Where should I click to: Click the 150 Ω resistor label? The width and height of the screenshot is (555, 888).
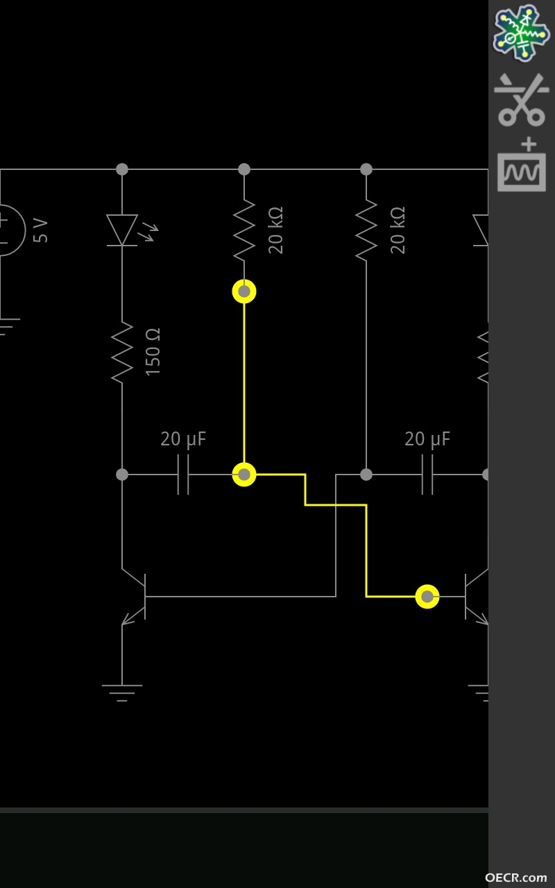pyautogui.click(x=153, y=352)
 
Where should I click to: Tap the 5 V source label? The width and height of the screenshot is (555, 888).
pyautogui.click(x=40, y=230)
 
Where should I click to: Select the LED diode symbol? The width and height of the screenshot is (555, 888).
pyautogui.click(x=122, y=230)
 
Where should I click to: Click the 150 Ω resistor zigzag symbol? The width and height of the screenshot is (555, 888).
pyautogui.click(x=122, y=352)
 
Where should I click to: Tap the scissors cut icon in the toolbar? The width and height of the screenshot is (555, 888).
pyautogui.click(x=521, y=100)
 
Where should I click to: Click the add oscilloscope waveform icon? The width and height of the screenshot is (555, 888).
pyautogui.click(x=522, y=165)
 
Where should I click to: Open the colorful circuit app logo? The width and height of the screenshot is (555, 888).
pyautogui.click(x=521, y=33)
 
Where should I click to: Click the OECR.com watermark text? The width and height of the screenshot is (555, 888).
pyautogui.click(x=515, y=878)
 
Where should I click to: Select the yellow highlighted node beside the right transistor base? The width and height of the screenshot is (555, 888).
pyautogui.click(x=427, y=596)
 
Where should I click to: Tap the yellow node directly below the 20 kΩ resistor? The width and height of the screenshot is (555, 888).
pyautogui.click(x=244, y=291)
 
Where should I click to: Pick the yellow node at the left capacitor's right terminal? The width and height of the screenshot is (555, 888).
pyautogui.click(x=244, y=474)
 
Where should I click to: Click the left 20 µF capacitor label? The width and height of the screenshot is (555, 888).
pyautogui.click(x=183, y=439)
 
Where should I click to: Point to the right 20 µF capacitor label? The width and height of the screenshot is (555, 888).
pyautogui.click(x=427, y=439)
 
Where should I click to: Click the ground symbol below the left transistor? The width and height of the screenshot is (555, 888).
pyautogui.click(x=122, y=693)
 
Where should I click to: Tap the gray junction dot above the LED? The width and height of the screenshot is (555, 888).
pyautogui.click(x=122, y=169)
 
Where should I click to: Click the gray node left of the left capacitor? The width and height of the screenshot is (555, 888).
pyautogui.click(x=122, y=474)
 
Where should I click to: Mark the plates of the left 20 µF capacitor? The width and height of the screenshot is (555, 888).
pyautogui.click(x=183, y=474)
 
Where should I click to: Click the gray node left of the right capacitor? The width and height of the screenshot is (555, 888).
pyautogui.click(x=366, y=474)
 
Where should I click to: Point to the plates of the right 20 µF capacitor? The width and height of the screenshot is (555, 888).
pyautogui.click(x=427, y=474)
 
